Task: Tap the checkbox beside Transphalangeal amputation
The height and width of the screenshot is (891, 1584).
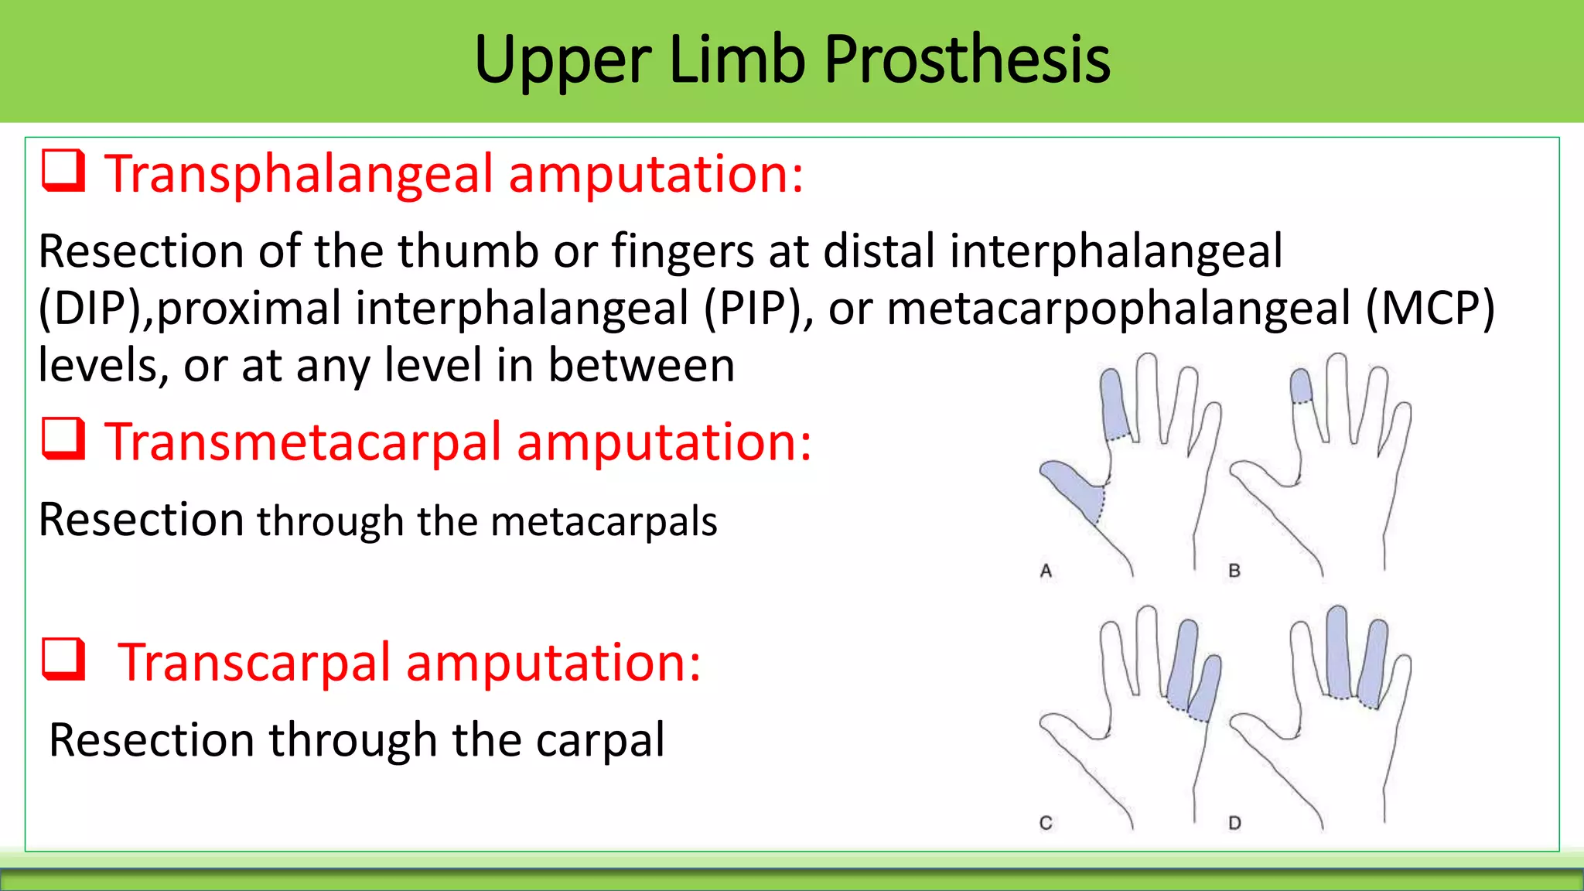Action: pos(63,171)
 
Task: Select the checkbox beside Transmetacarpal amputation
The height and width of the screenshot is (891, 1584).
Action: pos(63,439)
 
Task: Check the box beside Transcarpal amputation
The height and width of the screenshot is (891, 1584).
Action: pos(63,660)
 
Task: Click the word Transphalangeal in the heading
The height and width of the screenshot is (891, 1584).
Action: pos(299,175)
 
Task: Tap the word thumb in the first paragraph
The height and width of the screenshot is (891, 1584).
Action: pos(468,251)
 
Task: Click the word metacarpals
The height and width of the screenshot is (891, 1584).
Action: pos(604,521)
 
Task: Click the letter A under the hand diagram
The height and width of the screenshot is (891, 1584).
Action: pos(1046,572)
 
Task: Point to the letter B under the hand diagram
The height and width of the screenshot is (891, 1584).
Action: pos(1234,572)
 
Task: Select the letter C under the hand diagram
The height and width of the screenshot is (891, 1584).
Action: pos(1046,823)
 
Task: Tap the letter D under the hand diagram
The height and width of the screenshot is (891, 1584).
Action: pos(1234,823)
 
